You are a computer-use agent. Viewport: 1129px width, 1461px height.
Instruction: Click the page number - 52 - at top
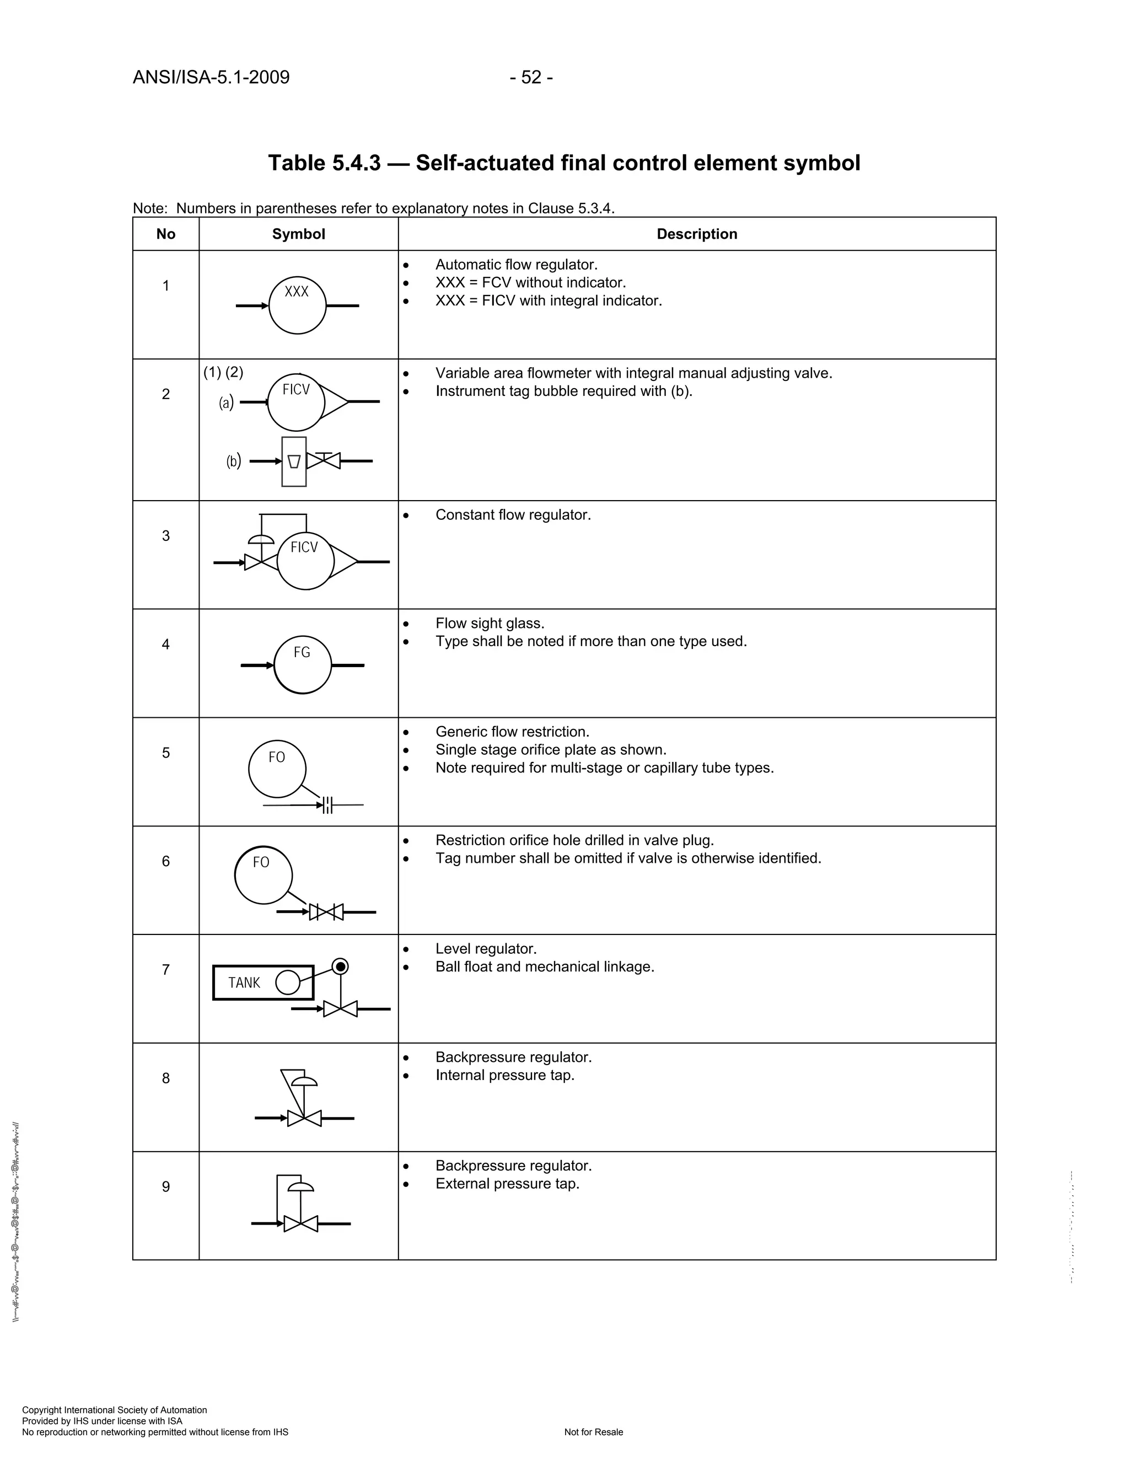tap(530, 78)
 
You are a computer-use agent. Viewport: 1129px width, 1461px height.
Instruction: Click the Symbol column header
tap(298, 234)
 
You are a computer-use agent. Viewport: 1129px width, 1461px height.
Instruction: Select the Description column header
tap(696, 234)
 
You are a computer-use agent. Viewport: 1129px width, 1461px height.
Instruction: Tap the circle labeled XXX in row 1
tap(297, 306)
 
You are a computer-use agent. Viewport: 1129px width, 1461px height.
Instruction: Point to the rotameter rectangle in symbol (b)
tap(294, 461)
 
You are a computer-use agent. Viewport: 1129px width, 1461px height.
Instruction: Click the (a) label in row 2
tap(226, 402)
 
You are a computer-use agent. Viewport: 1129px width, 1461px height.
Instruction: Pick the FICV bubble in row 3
tap(305, 561)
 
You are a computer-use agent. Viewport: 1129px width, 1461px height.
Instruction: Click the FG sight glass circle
tap(302, 665)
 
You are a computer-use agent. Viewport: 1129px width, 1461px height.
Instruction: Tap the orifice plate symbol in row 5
tap(327, 805)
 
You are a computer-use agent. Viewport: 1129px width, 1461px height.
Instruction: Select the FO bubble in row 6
tap(263, 875)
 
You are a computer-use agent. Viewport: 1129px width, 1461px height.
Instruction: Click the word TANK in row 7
tap(244, 982)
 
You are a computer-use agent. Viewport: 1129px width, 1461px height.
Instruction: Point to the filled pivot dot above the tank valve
tap(341, 966)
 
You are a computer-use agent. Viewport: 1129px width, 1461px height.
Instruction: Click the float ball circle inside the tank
tap(288, 982)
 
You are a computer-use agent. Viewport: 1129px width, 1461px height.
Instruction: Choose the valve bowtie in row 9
tap(300, 1223)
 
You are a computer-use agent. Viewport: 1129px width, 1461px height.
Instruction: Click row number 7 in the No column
tap(166, 970)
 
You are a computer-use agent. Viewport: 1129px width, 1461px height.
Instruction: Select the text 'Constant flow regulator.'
tap(513, 515)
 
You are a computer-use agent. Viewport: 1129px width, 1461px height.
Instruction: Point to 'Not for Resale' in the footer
tap(593, 1432)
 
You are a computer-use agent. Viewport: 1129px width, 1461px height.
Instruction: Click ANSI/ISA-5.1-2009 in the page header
tap(211, 78)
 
